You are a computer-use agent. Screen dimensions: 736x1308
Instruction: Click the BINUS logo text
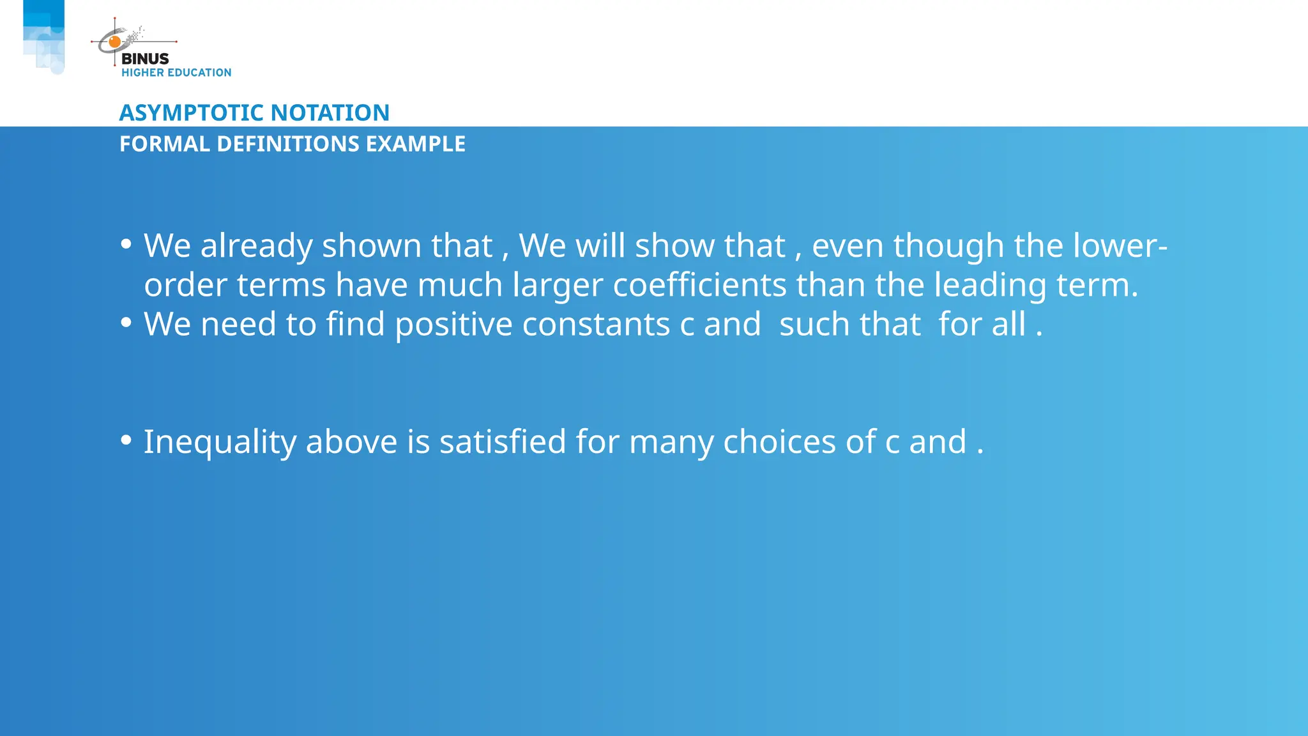coord(145,59)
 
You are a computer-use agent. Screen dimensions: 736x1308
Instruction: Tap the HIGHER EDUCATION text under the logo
coord(176,73)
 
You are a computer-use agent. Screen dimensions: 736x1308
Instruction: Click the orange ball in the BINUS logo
coord(115,42)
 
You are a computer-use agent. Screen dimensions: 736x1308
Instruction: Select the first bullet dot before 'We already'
coord(126,244)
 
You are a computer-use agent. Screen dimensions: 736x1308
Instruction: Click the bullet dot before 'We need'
coord(126,323)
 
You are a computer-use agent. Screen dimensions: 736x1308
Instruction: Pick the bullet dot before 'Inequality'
coord(126,440)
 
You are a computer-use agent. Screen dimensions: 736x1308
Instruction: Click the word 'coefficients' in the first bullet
coord(699,285)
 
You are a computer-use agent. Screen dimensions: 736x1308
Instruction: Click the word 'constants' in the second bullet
coord(596,325)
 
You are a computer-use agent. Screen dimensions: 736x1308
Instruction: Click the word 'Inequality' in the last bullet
coord(220,442)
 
